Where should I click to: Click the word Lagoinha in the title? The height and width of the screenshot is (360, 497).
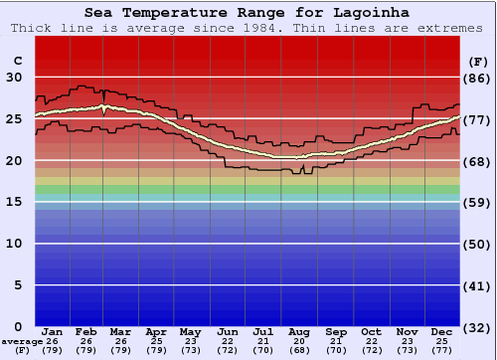[370, 12]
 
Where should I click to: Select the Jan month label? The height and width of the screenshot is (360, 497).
[53, 332]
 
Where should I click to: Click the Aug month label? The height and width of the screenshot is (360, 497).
[299, 332]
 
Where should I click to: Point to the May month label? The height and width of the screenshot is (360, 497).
[190, 332]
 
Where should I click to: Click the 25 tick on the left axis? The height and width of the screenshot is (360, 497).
[15, 119]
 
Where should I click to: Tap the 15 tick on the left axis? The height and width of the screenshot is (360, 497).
[15, 202]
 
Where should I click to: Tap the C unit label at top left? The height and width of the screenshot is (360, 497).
[16, 61]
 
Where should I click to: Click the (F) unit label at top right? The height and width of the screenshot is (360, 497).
[477, 61]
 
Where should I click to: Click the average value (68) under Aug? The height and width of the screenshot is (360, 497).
[299, 350]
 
